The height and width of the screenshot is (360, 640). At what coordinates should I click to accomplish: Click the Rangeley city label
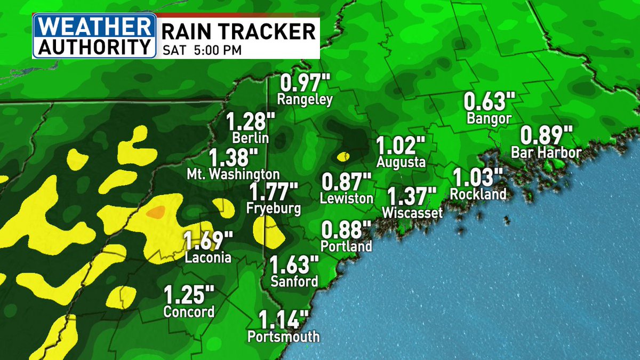[305, 99]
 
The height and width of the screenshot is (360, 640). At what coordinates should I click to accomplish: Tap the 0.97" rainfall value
[306, 84]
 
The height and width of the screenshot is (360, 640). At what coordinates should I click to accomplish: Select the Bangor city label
[489, 118]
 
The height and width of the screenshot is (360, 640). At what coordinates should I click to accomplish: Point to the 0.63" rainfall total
[490, 102]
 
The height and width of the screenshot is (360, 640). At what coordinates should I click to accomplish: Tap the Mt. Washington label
[233, 174]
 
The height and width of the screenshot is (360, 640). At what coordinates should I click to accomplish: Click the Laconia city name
[208, 258]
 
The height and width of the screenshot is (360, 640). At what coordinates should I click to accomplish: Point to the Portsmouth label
[284, 337]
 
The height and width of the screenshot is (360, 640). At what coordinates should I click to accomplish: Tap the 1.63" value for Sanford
[294, 265]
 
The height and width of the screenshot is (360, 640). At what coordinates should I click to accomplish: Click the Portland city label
[346, 247]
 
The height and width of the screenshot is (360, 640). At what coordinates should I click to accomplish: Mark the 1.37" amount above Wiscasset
[412, 197]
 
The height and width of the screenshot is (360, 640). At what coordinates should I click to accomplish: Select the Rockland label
[478, 194]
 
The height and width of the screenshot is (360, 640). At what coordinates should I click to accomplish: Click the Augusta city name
[401, 162]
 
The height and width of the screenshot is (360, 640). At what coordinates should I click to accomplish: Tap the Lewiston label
[347, 198]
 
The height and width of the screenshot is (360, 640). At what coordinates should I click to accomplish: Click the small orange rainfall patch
[156, 212]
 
